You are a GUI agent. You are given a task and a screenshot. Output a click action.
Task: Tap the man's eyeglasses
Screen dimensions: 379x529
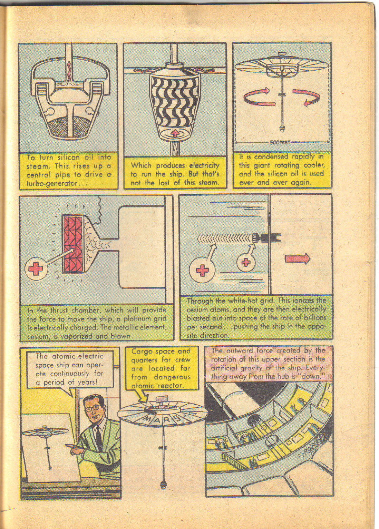coord(93,408)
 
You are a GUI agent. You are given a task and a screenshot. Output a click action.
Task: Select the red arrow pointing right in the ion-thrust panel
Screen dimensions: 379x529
coord(298,259)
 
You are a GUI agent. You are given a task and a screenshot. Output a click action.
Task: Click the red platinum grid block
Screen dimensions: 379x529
coord(72,243)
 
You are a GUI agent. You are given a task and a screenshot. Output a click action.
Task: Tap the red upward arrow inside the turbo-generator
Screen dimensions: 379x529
coord(175,133)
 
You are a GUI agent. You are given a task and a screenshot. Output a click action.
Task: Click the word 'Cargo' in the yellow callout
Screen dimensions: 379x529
coord(142,352)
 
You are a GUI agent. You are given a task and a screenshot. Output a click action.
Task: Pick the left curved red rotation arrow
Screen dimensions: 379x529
coord(257,97)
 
